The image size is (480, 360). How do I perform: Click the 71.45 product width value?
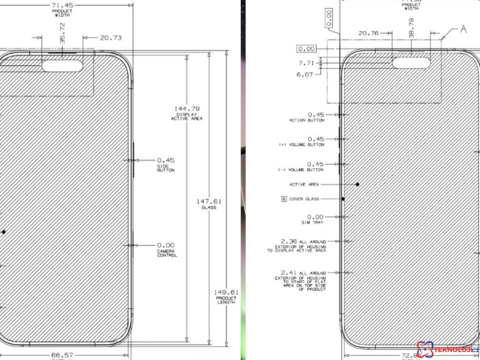click(x=62, y=5)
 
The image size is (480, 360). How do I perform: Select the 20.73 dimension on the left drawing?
click(x=111, y=37)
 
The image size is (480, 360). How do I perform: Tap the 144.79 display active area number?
click(x=187, y=109)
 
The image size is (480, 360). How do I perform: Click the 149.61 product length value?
click(x=226, y=292)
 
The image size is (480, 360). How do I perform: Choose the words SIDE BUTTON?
click(x=165, y=168)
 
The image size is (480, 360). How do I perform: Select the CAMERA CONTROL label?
click(x=167, y=254)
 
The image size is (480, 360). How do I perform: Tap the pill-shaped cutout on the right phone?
click(x=411, y=62)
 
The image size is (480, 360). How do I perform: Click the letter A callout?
click(x=464, y=30)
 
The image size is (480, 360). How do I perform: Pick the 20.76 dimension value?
click(x=368, y=33)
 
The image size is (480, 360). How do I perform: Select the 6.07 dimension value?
click(x=305, y=75)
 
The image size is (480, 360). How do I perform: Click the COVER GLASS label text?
click(x=304, y=199)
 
